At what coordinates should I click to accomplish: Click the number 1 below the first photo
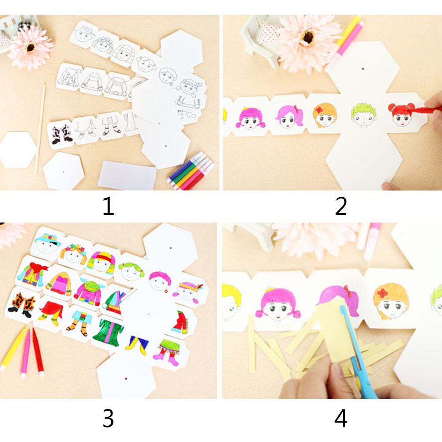tap(108, 206)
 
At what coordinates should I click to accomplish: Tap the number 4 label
tap(341, 418)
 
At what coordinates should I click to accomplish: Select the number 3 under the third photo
tap(108, 418)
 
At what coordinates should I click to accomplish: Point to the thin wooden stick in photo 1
tap(40, 128)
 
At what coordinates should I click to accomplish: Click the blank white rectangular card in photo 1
tap(127, 175)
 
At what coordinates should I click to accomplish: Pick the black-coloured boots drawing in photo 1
tap(62, 134)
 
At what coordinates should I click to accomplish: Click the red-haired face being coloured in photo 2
tap(401, 115)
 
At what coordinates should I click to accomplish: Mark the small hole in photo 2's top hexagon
tap(363, 68)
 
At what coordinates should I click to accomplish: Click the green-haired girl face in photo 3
tap(131, 271)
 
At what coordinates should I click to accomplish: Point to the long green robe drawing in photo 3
tap(108, 333)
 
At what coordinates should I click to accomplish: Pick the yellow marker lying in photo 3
tap(13, 348)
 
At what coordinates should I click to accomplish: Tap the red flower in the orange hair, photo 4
tap(382, 293)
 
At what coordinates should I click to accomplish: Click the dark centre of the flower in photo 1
tap(30, 47)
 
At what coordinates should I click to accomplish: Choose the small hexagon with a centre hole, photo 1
tap(64, 171)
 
